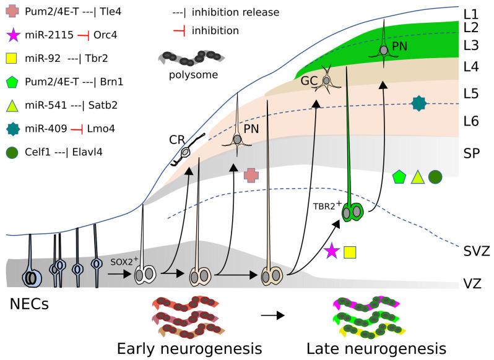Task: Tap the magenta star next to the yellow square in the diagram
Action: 332,251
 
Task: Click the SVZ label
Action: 476,251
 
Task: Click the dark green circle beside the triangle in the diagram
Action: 435,176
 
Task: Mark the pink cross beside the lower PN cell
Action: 251,175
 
